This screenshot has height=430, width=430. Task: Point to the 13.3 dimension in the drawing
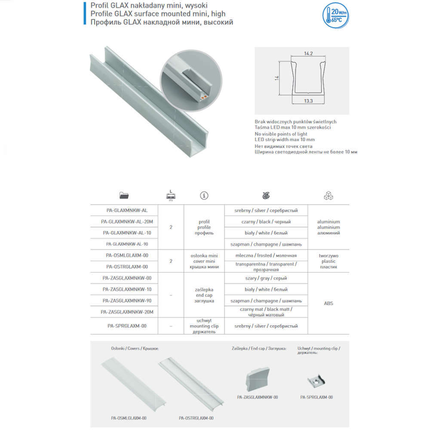[x=307, y=101]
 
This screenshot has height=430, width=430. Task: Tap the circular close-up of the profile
[x=189, y=82]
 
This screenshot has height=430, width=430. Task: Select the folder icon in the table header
[x=125, y=196]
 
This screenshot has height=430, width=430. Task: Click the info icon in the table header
[x=204, y=196]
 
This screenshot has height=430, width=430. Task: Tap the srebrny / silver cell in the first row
[x=266, y=211]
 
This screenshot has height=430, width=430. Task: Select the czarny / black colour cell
[x=266, y=222]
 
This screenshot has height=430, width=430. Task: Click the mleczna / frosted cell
[x=266, y=255]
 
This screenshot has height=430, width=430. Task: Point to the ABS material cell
[x=329, y=304]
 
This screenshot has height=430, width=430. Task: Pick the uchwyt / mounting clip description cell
[x=204, y=326]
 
